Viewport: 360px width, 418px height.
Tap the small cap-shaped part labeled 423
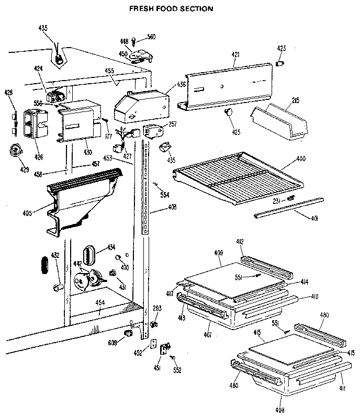point(280,63)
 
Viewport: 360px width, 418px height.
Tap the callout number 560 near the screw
point(151,37)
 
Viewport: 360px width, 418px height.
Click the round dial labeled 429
point(16,151)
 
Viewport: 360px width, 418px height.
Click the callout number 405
point(28,213)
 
